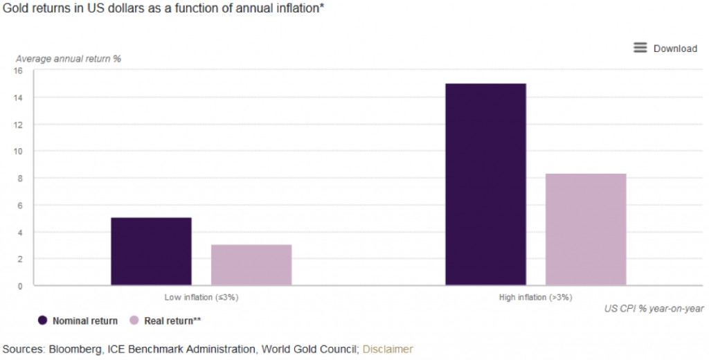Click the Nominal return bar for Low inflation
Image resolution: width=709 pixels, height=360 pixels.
click(151, 251)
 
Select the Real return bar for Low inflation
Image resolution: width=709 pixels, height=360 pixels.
click(251, 264)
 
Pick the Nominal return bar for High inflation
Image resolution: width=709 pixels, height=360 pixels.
click(485, 184)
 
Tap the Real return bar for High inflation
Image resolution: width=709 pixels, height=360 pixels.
click(586, 229)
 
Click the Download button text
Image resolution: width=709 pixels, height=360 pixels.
click(675, 48)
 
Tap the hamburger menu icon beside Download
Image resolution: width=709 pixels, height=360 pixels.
click(640, 48)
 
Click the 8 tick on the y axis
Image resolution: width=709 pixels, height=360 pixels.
click(20, 178)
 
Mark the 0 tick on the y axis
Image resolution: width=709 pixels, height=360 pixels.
click(20, 285)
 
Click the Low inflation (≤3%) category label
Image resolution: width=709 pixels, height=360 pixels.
click(201, 298)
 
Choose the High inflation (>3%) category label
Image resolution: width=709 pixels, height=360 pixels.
click(536, 298)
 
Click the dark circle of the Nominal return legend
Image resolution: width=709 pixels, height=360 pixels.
click(43, 321)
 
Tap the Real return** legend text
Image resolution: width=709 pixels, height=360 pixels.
click(172, 321)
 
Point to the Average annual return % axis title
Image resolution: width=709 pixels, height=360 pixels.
click(69, 59)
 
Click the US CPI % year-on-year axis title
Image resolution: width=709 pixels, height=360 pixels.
click(653, 308)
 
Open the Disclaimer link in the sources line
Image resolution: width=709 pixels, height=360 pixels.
click(388, 349)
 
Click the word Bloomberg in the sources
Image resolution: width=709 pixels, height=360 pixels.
click(72, 349)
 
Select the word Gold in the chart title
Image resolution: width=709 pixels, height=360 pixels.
click(16, 8)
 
